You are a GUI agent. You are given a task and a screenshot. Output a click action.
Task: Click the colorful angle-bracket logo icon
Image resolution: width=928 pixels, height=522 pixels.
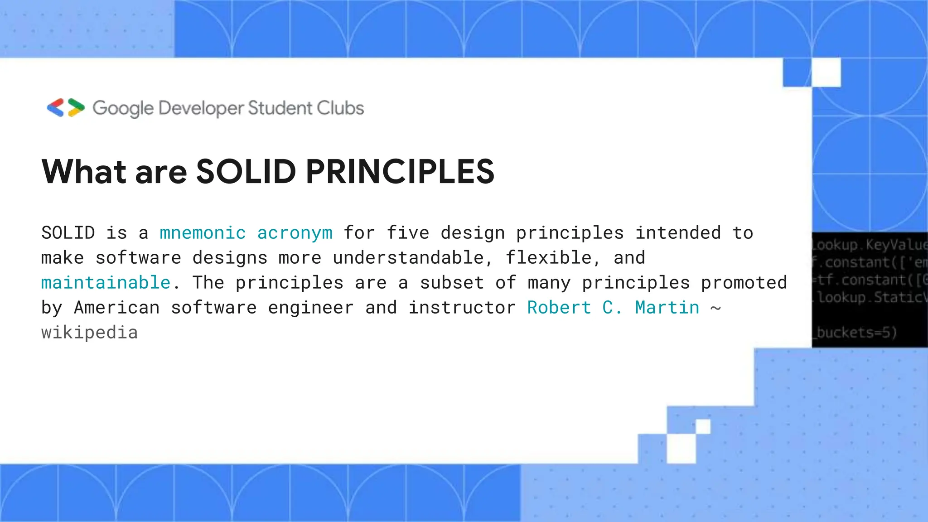[66, 108]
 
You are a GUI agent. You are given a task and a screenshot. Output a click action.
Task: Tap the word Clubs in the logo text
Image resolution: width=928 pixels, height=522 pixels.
[340, 108]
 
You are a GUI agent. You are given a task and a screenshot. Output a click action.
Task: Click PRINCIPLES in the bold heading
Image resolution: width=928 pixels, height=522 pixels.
[400, 172]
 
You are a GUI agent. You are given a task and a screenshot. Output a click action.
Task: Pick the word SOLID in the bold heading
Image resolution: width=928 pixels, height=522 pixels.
[246, 172]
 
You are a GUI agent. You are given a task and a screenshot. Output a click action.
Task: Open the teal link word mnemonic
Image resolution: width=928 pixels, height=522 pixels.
[203, 233]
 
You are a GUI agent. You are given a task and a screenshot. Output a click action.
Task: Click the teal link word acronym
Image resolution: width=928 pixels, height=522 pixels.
[295, 233]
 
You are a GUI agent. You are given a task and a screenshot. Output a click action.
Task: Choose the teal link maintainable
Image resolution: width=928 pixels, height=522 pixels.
[106, 283]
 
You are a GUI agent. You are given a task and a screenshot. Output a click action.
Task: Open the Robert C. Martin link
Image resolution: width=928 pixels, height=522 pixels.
[613, 308]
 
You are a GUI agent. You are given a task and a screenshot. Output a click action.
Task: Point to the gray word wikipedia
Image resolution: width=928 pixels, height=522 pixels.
[89, 333]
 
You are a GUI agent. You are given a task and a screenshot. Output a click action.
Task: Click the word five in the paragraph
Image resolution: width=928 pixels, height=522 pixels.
[408, 233]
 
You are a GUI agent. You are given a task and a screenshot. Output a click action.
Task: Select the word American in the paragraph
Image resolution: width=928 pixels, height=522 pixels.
[116, 308]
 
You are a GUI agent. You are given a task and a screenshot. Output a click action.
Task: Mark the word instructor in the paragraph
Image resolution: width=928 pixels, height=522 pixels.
[462, 308]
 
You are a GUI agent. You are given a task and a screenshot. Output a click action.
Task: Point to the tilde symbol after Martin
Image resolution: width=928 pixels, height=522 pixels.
[715, 308]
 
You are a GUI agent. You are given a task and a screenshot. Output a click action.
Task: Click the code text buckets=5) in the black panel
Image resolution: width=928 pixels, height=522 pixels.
[856, 333]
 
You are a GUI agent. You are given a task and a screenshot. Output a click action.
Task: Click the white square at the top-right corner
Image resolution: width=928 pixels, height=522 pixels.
[826, 72]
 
